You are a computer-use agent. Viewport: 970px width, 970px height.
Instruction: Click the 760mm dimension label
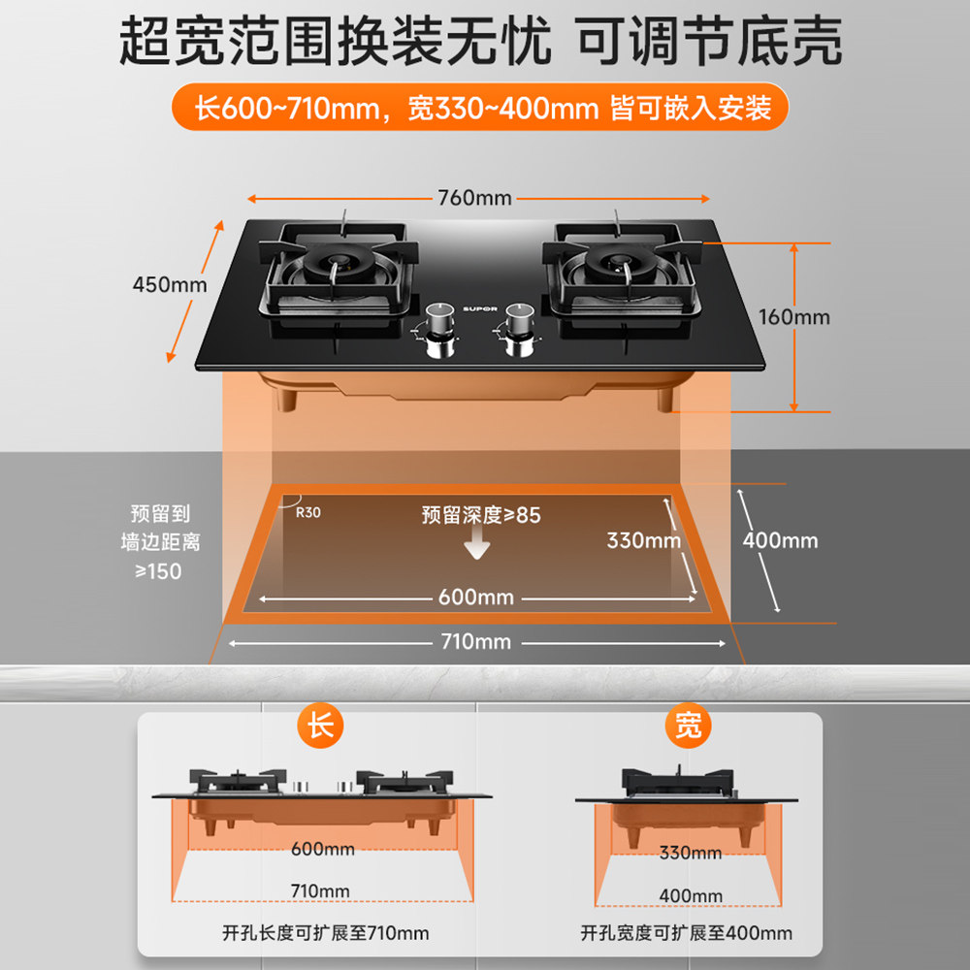pos(474,199)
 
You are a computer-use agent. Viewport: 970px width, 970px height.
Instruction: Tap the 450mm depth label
pos(170,284)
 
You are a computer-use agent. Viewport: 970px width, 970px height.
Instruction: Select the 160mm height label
pos(794,317)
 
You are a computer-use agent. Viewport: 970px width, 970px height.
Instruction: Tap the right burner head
pos(618,263)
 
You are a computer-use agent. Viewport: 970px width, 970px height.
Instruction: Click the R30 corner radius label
pos(307,512)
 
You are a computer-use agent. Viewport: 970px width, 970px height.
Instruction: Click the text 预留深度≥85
pos(481,515)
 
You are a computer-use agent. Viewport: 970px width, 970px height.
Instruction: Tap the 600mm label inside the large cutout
pos(476,598)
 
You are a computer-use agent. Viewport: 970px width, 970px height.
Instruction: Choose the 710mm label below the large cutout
pos(476,642)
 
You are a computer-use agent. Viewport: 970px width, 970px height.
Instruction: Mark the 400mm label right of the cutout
pos(781,540)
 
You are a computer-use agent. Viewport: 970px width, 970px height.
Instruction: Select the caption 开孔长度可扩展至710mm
pos(326,933)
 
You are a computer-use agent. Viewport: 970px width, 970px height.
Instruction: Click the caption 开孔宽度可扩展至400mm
pos(687,933)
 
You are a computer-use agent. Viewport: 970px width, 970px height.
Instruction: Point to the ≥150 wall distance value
pos(158,571)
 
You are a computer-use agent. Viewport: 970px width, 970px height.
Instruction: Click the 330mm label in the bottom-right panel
pos(691,853)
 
